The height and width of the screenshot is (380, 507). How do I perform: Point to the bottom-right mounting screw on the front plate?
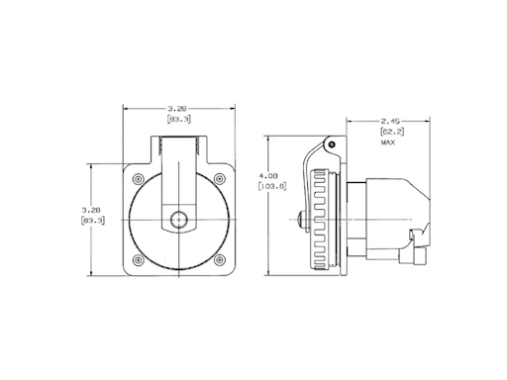[220, 260]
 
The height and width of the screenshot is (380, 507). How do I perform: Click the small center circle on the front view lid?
[179, 219]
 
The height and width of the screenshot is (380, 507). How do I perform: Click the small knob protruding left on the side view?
[298, 219]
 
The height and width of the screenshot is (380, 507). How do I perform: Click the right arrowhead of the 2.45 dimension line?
[425, 122]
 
